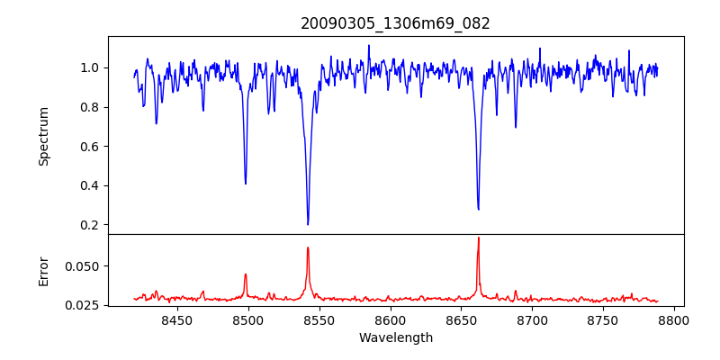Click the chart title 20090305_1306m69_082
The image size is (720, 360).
(x=395, y=23)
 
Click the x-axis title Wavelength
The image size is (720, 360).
(x=395, y=337)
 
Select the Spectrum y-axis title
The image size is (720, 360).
(x=44, y=136)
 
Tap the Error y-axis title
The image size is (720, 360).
(x=44, y=270)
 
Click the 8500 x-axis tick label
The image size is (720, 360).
(x=247, y=319)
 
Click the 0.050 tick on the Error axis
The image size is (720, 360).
(x=85, y=266)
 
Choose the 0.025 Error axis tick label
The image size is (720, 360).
(x=85, y=305)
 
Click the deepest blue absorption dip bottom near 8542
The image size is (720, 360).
(x=308, y=224)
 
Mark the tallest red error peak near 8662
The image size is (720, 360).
(x=478, y=238)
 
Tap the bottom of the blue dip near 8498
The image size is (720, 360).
(x=246, y=184)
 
